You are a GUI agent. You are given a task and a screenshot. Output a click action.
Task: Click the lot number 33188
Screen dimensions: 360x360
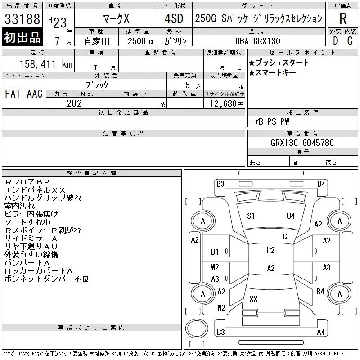22,19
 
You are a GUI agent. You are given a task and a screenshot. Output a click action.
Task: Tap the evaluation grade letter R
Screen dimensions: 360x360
343,18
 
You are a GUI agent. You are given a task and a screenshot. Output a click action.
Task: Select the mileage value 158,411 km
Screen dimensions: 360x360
46,64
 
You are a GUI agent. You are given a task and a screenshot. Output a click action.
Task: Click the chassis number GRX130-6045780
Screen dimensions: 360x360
302,143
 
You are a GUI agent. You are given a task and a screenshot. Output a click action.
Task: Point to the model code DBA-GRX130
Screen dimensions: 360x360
257,41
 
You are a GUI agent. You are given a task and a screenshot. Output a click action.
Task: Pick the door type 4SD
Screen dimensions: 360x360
174,18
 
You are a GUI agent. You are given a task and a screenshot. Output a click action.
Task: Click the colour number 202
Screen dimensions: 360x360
74,103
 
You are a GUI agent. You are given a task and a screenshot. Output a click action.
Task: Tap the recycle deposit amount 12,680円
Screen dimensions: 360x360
226,103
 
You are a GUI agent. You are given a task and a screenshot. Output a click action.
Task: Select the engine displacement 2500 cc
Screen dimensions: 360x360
141,41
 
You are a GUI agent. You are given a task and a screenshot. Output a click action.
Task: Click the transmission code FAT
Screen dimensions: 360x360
13,94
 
